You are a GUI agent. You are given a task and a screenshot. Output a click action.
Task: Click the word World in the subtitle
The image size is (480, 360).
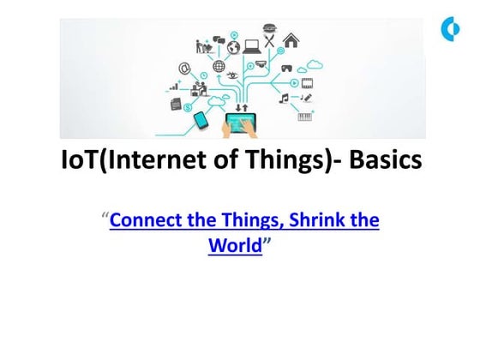click(234, 245)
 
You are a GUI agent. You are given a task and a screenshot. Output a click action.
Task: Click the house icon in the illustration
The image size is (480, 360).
click(291, 39)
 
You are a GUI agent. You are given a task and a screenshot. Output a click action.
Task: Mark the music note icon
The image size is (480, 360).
click(284, 99)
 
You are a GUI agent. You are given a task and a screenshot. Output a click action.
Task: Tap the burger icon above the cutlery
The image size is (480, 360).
click(271, 27)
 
